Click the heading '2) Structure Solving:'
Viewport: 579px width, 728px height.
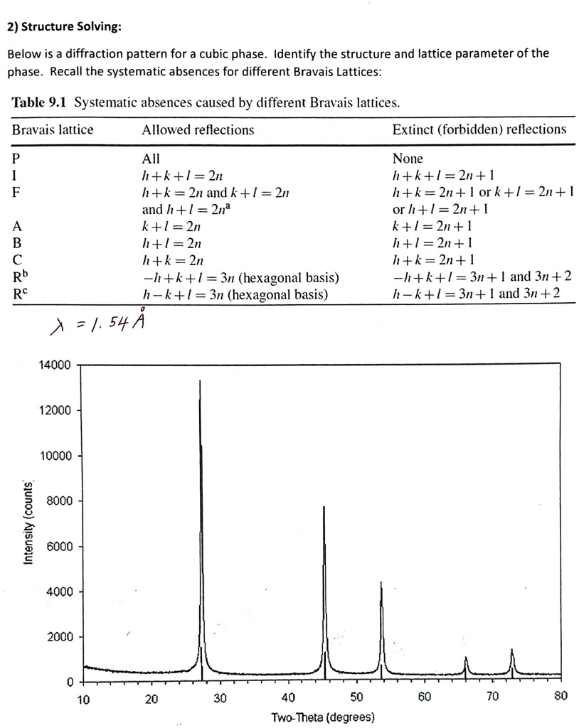(65, 28)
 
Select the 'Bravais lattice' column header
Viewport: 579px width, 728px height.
(53, 130)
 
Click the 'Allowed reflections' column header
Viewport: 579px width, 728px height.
(198, 130)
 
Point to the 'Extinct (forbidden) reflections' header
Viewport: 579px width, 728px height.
(479, 129)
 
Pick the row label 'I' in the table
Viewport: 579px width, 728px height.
(15, 176)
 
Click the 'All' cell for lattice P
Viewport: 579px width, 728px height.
(151, 159)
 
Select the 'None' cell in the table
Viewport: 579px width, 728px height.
(408, 159)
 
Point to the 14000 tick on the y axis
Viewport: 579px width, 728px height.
(55, 365)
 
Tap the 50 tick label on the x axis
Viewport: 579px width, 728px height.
(356, 698)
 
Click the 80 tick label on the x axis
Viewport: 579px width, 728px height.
(561, 697)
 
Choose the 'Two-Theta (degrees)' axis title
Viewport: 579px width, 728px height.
(322, 717)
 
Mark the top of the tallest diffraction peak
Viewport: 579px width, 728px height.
(200, 381)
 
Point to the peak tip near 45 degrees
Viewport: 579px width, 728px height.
(324, 507)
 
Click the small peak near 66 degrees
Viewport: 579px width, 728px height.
(466, 658)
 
